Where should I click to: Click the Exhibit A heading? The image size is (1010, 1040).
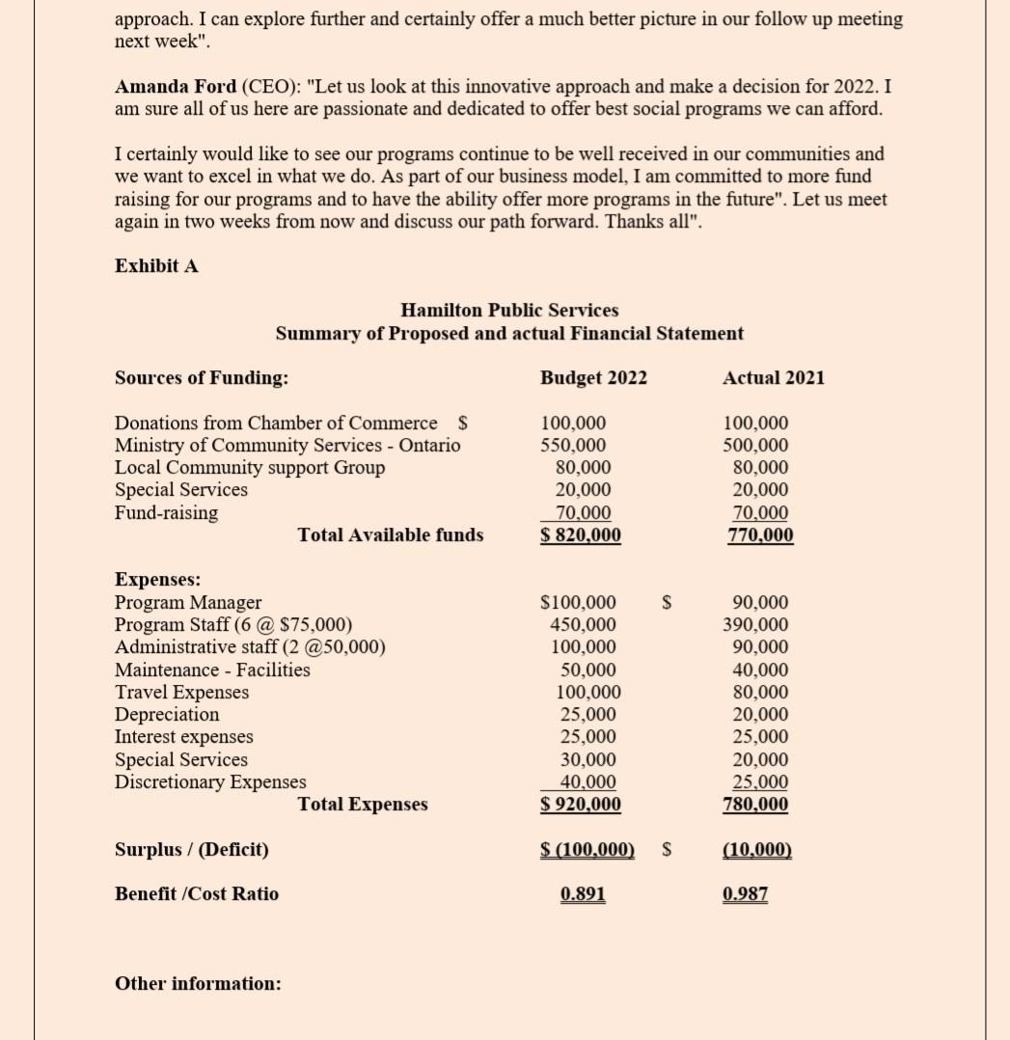point(156,266)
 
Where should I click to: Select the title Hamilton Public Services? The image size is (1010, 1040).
point(509,311)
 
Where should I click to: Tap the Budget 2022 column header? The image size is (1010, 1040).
point(593,378)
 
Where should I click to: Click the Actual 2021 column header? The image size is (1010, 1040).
point(774,378)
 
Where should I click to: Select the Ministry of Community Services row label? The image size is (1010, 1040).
point(287,446)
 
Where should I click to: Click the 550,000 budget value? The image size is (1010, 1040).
point(574,446)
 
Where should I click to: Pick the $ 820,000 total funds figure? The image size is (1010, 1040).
point(581,535)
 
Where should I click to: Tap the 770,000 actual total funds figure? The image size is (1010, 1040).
point(760,535)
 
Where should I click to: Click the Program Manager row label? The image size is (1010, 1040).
point(188,603)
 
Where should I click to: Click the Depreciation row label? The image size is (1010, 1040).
point(167,715)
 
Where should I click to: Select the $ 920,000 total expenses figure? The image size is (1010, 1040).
point(581,805)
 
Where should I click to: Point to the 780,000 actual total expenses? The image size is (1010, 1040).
point(755,805)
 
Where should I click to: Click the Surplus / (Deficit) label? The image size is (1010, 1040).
point(192,850)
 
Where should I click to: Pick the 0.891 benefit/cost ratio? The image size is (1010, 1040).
point(583,894)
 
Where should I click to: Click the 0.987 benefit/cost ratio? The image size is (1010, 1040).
point(745,894)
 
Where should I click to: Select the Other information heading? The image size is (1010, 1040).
point(198,984)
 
